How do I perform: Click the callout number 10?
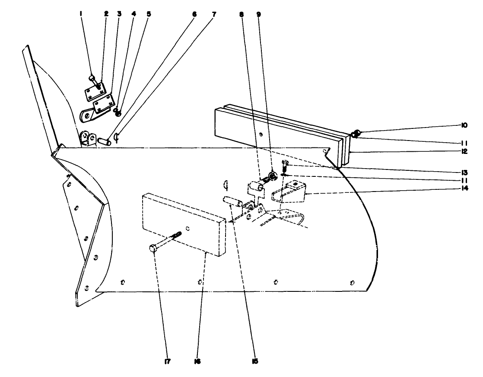[462, 126]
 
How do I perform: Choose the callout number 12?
[462, 152]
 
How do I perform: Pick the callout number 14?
[462, 188]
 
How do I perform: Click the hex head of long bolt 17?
[153, 248]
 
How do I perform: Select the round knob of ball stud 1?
[92, 78]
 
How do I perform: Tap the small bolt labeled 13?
[284, 164]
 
